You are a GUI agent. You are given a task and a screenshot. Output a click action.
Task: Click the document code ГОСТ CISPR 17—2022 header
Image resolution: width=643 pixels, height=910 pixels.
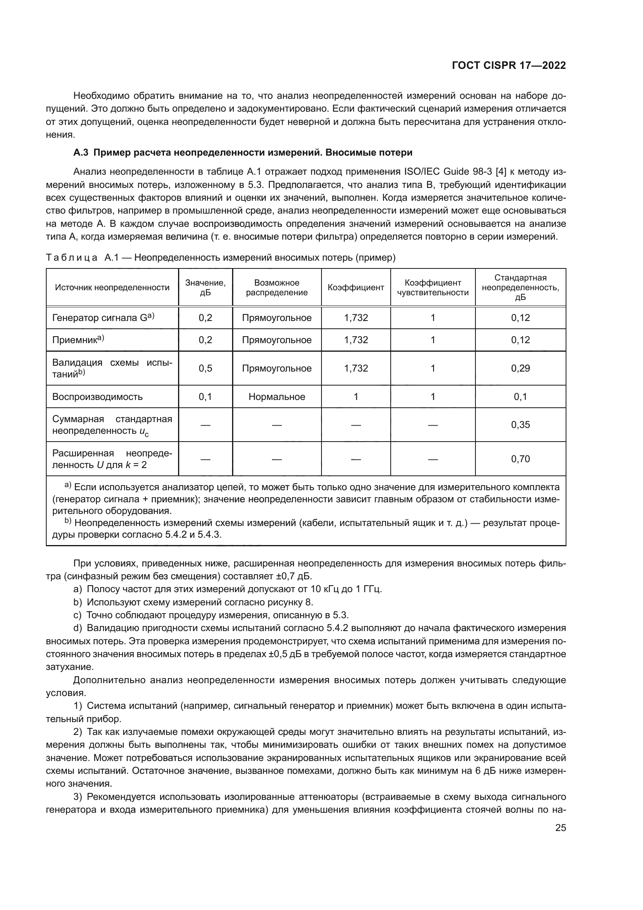coord(508,66)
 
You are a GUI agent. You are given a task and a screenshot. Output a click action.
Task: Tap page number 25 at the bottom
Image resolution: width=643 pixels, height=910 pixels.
coord(560,828)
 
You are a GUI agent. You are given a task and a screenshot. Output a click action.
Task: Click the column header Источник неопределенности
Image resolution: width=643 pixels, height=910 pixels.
coord(112,288)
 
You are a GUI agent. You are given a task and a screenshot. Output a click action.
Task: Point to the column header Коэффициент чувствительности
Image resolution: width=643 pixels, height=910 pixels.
coord(432,288)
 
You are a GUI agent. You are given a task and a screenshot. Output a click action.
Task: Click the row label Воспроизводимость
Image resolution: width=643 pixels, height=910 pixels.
coord(98,397)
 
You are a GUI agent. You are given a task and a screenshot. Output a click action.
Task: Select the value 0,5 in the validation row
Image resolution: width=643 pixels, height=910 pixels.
coord(205,368)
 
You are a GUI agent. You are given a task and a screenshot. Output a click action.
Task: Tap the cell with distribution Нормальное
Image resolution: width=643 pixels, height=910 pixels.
coord(276,397)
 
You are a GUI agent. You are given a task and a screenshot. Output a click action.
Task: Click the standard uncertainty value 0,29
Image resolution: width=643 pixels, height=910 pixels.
coord(520,368)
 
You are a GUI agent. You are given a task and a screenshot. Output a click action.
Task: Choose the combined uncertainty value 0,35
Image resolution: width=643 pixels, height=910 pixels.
coord(520,425)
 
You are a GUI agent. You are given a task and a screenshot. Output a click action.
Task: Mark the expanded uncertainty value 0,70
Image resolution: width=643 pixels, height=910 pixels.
coord(520,459)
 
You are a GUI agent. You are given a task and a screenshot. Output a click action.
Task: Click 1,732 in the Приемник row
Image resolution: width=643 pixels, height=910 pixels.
coord(356,340)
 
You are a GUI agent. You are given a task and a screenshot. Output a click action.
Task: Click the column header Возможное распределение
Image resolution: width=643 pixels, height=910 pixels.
coord(276,288)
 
